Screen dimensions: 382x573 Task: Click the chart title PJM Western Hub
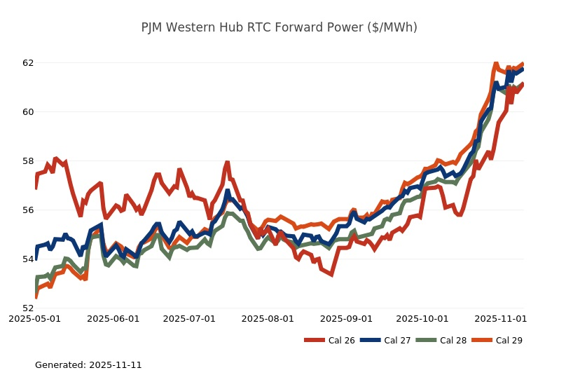(x=279, y=27)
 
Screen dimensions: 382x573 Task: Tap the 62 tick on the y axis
(x=28, y=63)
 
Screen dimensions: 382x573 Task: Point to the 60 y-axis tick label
(x=28, y=112)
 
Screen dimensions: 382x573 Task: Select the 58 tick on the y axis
(x=28, y=161)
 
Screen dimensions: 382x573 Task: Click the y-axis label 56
(x=28, y=210)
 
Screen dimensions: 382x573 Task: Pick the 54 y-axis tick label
(x=28, y=259)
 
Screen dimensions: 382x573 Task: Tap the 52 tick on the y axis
(x=28, y=308)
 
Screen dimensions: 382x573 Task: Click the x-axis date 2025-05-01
(x=34, y=318)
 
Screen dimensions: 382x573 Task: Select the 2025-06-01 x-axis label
(x=113, y=318)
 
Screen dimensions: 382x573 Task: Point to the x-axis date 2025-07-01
(x=189, y=318)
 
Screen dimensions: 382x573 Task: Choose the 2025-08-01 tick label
(x=268, y=318)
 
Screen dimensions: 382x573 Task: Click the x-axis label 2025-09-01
(x=346, y=318)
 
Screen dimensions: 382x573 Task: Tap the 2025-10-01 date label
(x=422, y=318)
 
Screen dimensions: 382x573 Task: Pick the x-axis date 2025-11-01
(x=500, y=318)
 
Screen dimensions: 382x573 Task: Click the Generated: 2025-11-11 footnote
(x=88, y=365)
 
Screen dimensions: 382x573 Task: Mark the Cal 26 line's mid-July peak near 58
(x=227, y=163)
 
